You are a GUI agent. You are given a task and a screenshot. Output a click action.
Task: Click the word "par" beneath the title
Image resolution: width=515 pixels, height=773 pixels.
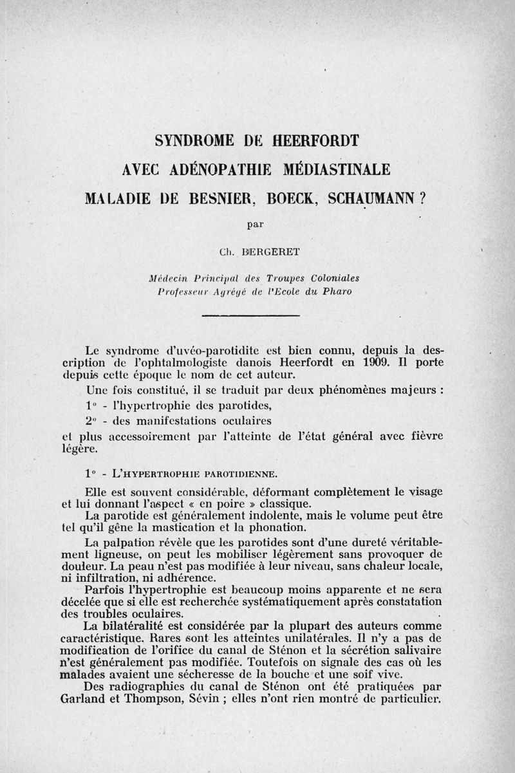[257, 225]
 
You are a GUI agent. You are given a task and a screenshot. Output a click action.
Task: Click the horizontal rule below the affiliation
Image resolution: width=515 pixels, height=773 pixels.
[251, 315]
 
